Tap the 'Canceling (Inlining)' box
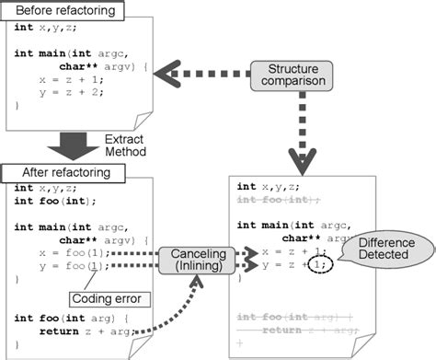coord(196,260)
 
